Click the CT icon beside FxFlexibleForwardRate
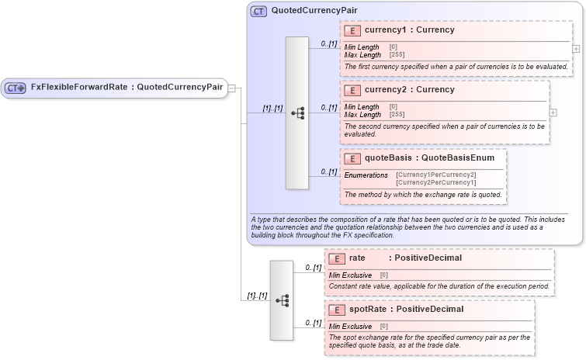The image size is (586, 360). click(x=16, y=88)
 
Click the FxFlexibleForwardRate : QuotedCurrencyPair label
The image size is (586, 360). click(x=127, y=87)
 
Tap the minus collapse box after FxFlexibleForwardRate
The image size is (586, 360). click(x=231, y=88)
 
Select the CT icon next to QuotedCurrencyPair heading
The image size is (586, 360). click(x=258, y=12)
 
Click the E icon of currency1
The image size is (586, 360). click(x=352, y=31)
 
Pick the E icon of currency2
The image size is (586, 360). click(x=352, y=90)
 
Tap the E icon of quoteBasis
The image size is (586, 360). click(x=352, y=158)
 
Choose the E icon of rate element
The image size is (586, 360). click(x=337, y=258)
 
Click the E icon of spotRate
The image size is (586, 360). click(x=337, y=310)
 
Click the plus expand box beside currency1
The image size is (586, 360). click(x=576, y=48)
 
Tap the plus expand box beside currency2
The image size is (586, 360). click(x=553, y=112)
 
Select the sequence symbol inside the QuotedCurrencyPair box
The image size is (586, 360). click(x=297, y=112)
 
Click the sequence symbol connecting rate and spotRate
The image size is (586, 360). click(x=282, y=299)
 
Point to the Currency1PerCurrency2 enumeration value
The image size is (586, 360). click(x=435, y=175)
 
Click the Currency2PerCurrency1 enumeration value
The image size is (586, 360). click(x=435, y=182)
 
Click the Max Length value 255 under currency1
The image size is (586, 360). click(x=397, y=55)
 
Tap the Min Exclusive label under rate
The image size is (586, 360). click(x=350, y=275)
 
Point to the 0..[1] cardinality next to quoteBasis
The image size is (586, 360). click(x=328, y=171)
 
